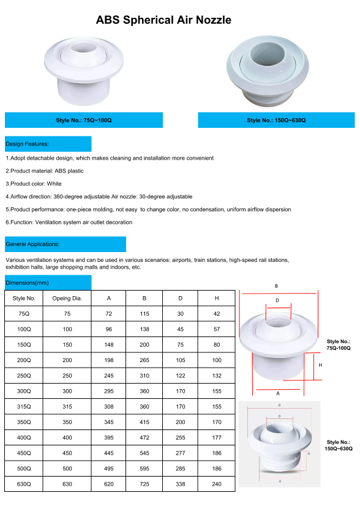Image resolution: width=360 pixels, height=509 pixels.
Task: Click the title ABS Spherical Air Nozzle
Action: click(x=163, y=20)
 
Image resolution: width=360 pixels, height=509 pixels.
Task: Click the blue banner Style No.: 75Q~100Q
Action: click(x=83, y=121)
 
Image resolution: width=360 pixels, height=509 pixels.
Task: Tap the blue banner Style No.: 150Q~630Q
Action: click(x=276, y=121)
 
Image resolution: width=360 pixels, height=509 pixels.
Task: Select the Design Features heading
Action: click(x=28, y=144)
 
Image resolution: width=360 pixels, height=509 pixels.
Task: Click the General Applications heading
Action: click(x=32, y=244)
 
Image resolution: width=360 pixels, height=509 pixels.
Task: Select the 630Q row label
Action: click(x=24, y=484)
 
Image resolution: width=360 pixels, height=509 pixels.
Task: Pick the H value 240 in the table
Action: click(x=217, y=484)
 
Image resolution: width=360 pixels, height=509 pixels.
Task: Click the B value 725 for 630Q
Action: click(x=144, y=484)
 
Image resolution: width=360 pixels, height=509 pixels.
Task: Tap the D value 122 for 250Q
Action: click(x=181, y=376)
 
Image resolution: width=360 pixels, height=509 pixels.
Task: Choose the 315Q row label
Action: click(x=24, y=407)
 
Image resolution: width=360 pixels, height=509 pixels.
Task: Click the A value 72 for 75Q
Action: click(x=109, y=313)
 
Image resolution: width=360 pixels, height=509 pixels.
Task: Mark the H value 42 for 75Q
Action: click(x=217, y=313)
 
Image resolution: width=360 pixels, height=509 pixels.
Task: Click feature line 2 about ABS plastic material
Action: click(x=45, y=171)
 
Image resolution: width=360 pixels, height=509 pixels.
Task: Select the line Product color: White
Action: click(x=34, y=184)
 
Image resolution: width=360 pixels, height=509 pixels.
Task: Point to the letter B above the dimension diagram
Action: click(x=276, y=286)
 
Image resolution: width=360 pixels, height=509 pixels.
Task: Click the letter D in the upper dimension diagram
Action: click(x=277, y=300)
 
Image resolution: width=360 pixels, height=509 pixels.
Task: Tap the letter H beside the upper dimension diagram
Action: click(x=320, y=365)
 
